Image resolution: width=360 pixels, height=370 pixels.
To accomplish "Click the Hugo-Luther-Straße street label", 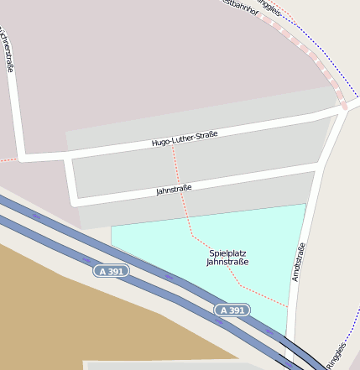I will tap(185, 138).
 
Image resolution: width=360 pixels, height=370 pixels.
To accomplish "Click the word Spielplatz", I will tap(227, 253).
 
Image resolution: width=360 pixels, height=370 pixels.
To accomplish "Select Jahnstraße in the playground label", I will tap(227, 262).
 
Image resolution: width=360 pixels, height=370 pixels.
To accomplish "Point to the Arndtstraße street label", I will tap(296, 261).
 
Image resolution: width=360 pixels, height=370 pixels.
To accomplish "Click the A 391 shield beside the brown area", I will tap(112, 271).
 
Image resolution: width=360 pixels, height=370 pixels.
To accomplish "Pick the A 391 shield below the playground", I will tap(232, 310).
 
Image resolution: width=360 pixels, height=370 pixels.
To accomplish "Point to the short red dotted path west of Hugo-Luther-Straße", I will tap(7, 159).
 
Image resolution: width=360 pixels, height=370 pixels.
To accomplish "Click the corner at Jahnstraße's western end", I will tap(76, 202).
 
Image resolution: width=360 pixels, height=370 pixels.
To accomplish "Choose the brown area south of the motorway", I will tap(50, 310).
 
